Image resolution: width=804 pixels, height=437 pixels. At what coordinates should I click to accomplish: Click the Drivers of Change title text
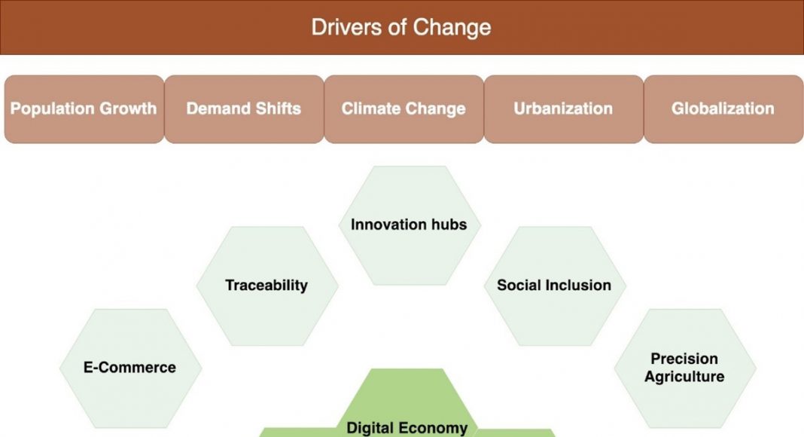401,27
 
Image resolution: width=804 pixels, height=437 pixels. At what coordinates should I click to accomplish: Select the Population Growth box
84,109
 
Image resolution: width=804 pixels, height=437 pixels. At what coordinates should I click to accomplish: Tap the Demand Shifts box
244,109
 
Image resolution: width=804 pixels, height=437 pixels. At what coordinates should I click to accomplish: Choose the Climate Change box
404,109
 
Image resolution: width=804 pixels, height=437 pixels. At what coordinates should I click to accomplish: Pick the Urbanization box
564,109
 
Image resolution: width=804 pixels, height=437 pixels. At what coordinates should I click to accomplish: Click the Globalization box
723,109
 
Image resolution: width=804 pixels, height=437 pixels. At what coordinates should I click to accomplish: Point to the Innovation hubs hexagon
410,225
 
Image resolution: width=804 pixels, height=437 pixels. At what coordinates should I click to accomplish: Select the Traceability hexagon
267,286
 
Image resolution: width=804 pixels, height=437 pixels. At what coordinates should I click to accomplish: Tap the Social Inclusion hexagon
555,286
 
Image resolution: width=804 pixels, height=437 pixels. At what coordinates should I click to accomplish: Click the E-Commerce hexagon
130,368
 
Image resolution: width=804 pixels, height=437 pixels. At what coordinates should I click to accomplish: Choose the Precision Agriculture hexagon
685,368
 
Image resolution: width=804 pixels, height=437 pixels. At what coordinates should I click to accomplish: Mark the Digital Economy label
407,428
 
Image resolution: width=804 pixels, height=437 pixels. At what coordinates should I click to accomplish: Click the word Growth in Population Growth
128,108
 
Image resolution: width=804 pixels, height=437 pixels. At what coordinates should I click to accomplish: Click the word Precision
684,359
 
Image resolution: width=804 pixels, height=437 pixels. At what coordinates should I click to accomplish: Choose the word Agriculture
684,377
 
